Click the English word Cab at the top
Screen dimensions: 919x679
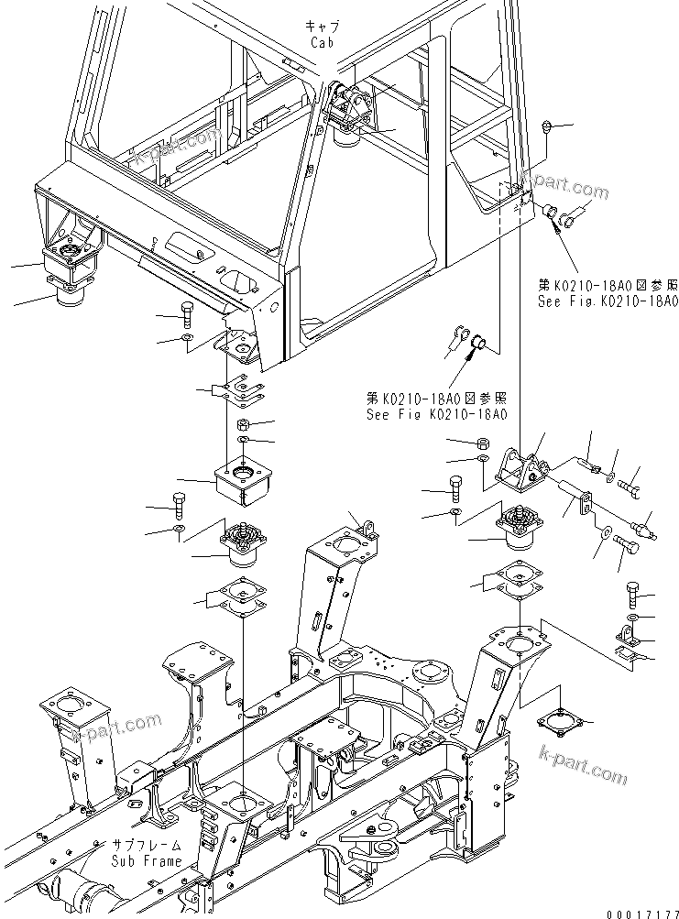click(322, 42)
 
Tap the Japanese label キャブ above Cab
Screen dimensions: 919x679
click(323, 27)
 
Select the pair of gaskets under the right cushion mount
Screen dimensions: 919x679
click(515, 578)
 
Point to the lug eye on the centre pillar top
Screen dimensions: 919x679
click(370, 527)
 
